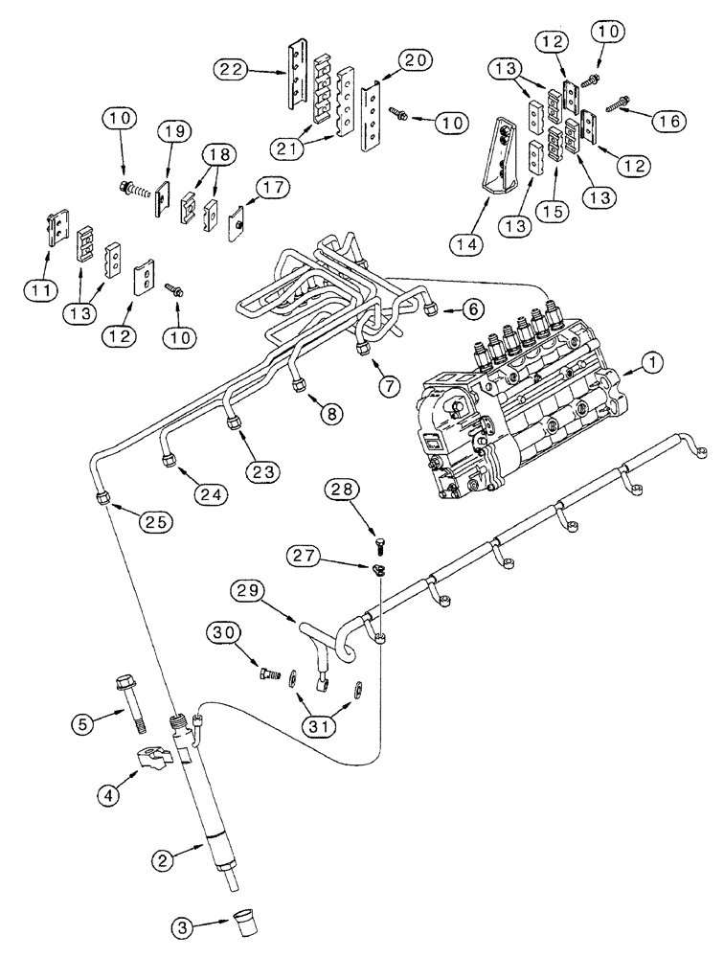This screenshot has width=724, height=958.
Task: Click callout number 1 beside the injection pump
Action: pos(651,362)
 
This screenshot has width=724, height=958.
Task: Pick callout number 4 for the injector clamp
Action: pos(144,764)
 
